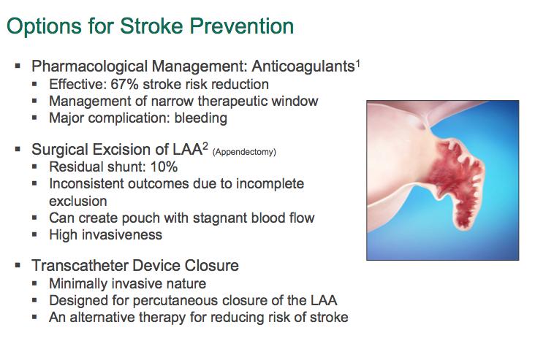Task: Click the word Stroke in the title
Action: point(151,26)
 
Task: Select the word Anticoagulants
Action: point(303,67)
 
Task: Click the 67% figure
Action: point(124,84)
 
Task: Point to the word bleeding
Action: point(200,118)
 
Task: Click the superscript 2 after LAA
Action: point(205,146)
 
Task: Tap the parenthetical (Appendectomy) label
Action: point(244,152)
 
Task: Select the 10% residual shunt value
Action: point(164,166)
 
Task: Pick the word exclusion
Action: point(78,201)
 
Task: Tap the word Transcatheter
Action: point(80,266)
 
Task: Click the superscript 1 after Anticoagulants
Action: point(358,64)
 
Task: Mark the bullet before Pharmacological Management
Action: point(18,66)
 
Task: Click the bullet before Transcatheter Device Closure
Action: point(18,265)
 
